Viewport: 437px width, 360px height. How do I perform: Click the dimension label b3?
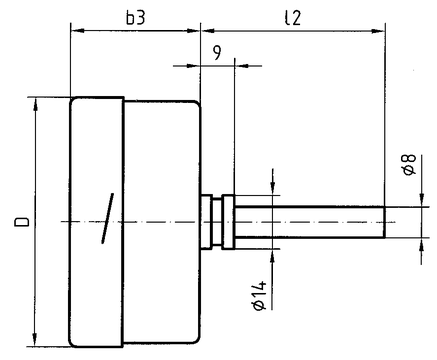(136, 18)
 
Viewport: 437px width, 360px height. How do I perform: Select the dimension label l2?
(293, 18)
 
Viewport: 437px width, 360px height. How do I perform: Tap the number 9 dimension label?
(217, 52)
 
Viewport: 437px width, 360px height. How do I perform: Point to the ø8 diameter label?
(409, 165)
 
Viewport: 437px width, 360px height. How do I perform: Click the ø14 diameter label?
(260, 296)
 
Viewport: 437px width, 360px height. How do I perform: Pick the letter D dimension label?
(22, 222)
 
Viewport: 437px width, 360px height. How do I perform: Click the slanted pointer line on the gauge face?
(107, 218)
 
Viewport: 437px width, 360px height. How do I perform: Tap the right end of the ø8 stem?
(384, 222)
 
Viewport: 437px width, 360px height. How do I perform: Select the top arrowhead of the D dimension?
(35, 104)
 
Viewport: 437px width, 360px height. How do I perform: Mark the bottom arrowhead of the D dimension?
(34, 340)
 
